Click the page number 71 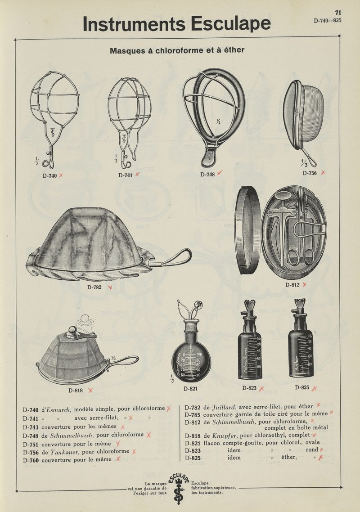click(x=338, y=13)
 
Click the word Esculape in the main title click(x=231, y=23)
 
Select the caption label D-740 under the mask click(x=49, y=175)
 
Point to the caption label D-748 click(x=207, y=175)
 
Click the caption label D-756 click(x=309, y=173)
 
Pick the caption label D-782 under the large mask click(x=94, y=287)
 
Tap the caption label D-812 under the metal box click(x=292, y=285)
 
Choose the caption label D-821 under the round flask click(x=191, y=389)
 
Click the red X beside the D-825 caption click(x=314, y=389)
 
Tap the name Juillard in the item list click(x=224, y=407)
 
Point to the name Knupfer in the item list click(x=224, y=436)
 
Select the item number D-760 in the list click(x=31, y=460)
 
